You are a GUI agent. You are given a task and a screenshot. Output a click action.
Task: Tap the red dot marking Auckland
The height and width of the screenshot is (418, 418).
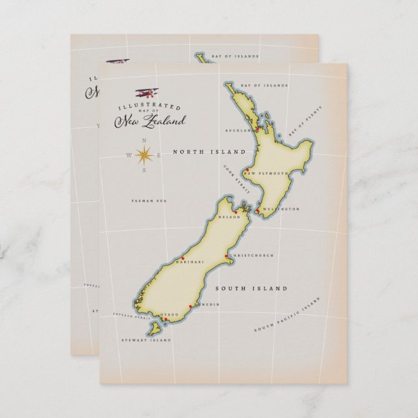pyautogui.click(x=257, y=129)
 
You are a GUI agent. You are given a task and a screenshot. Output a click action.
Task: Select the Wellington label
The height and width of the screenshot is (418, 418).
pyautogui.click(x=281, y=210)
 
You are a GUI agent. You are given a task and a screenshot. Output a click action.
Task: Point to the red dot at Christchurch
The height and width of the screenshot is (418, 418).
pyautogui.click(x=226, y=256)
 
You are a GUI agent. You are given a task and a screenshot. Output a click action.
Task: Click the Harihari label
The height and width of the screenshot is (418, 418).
pyautogui.click(x=186, y=262)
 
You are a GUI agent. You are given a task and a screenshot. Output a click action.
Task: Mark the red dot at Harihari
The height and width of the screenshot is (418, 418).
pyautogui.click(x=184, y=257)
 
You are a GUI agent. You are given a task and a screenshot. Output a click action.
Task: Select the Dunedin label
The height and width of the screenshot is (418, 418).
pyautogui.click(x=207, y=304)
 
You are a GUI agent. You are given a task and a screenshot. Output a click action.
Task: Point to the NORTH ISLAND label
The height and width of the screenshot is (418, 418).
pyautogui.click(x=209, y=151)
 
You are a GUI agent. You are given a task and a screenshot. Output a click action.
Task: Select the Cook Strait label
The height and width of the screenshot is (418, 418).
pyautogui.click(x=234, y=176)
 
